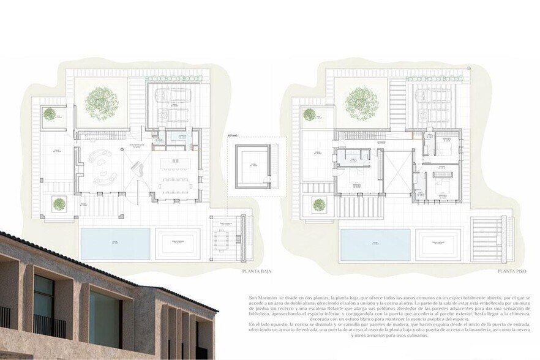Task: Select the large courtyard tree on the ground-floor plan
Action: [102, 102]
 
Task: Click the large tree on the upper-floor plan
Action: [362, 102]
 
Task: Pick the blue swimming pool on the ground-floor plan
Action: [115, 243]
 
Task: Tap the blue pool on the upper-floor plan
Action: [375, 244]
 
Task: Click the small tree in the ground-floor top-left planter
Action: [50, 113]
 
